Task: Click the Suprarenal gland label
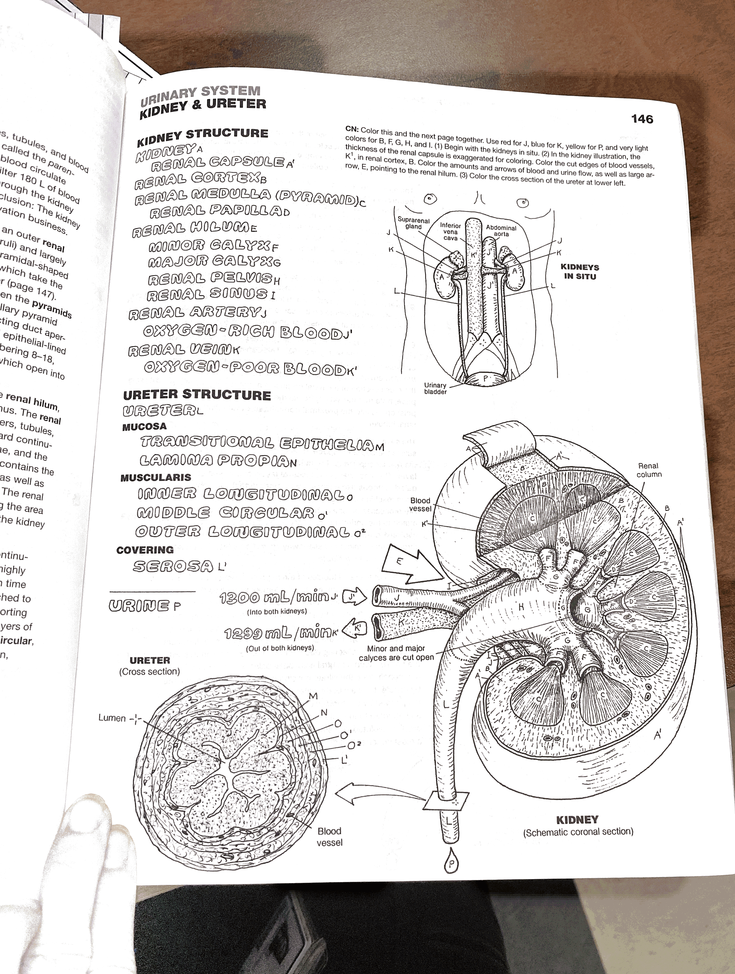[x=413, y=223]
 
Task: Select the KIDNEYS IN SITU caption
[x=580, y=272]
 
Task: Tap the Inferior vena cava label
[x=450, y=231]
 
